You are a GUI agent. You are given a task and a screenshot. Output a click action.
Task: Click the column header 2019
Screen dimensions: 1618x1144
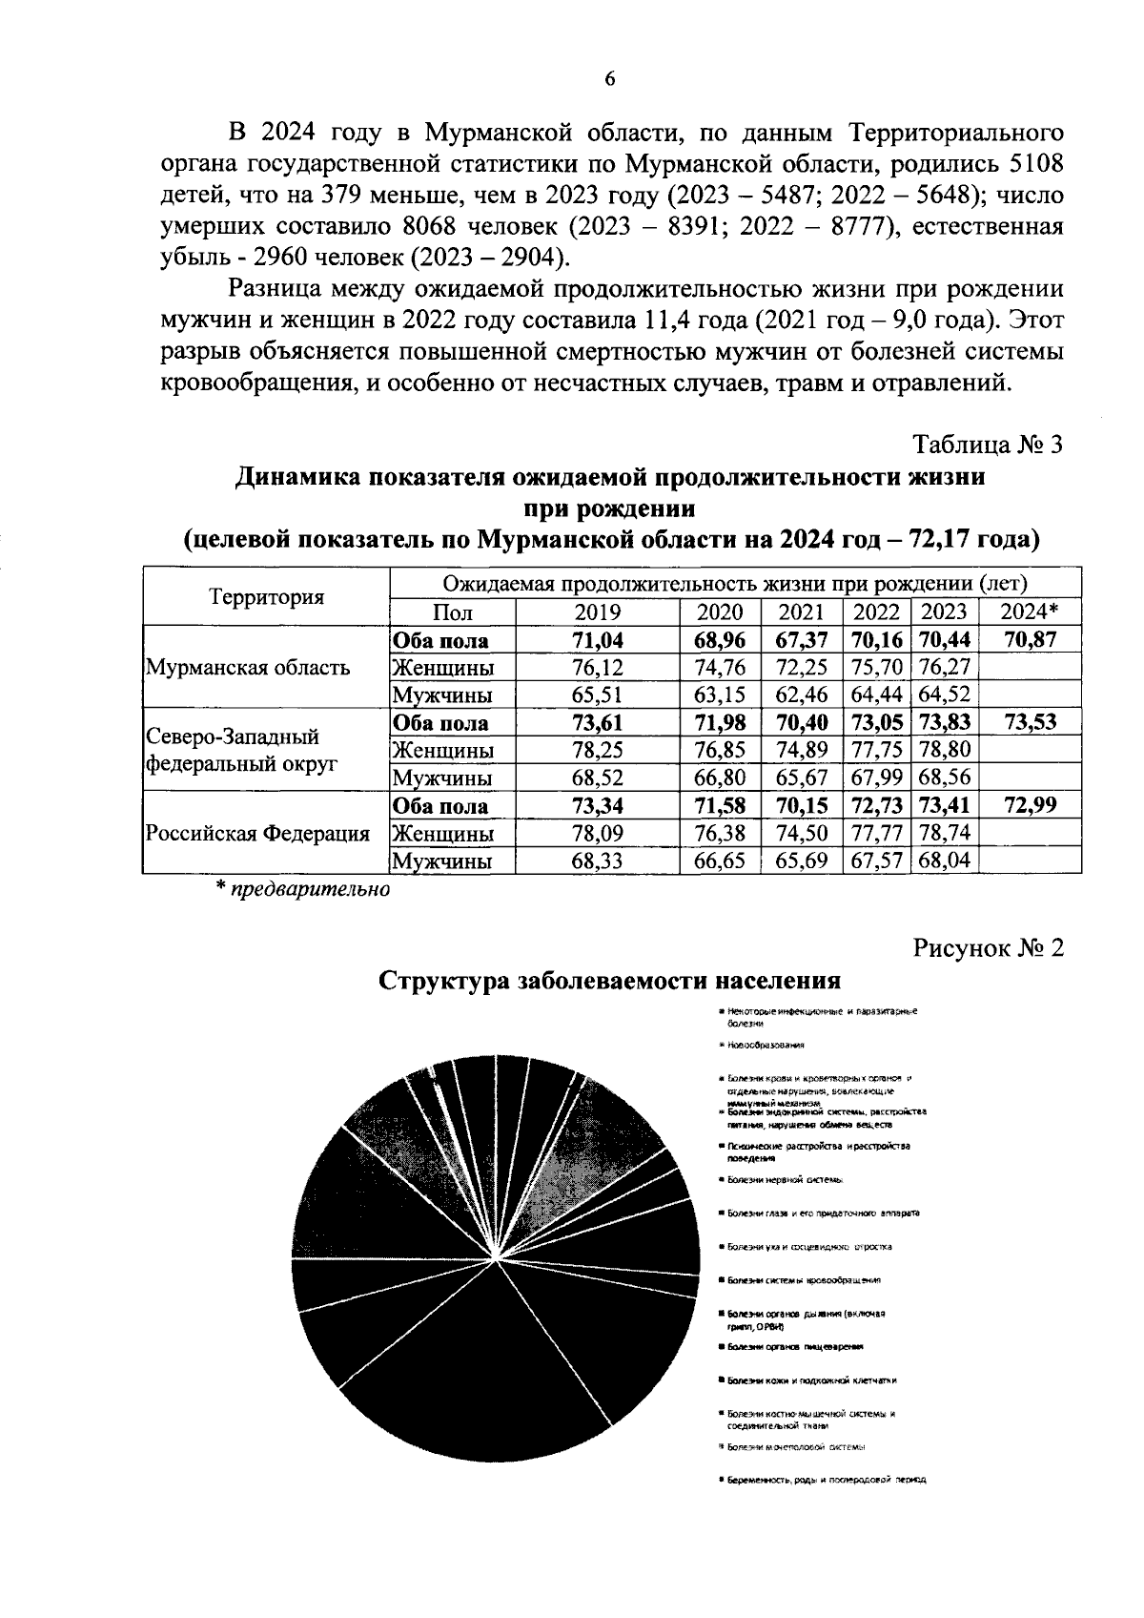coord(597,612)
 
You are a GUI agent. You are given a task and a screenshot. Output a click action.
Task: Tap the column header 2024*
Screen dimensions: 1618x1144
coord(1031,612)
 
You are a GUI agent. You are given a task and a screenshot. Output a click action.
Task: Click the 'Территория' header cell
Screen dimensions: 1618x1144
coord(267,597)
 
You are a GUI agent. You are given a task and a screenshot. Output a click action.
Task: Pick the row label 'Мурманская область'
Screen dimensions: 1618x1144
coord(248,667)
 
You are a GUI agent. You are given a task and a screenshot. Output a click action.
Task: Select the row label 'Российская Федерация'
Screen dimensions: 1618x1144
coord(257,834)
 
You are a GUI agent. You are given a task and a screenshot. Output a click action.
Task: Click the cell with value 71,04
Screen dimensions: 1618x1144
coord(597,640)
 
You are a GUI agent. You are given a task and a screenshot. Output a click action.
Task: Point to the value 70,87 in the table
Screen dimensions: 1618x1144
coord(1031,640)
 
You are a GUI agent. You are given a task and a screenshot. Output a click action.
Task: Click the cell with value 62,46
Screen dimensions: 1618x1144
coord(802,695)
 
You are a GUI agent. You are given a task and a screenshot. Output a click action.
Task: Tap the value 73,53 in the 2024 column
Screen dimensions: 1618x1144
coord(1031,722)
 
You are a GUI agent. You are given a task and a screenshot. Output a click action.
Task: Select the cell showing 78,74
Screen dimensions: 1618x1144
coord(943,834)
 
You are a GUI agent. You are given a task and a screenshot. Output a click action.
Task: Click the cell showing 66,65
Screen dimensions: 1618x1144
coord(721,861)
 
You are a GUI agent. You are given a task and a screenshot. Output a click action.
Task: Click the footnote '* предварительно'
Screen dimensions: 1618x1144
coord(302,890)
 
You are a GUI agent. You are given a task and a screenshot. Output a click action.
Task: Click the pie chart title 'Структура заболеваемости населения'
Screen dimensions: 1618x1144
coord(610,981)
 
